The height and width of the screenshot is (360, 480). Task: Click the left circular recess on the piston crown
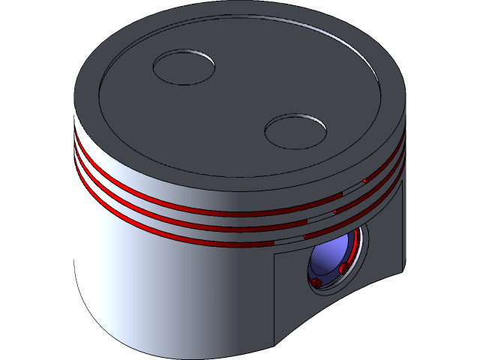pyautogui.click(x=184, y=67)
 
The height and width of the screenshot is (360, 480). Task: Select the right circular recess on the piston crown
pyautogui.click(x=295, y=130)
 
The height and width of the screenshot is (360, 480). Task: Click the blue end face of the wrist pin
pyautogui.click(x=328, y=259)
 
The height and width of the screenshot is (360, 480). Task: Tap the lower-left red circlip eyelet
pyautogui.click(x=316, y=282)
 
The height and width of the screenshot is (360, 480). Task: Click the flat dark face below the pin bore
pyautogui.click(x=300, y=307)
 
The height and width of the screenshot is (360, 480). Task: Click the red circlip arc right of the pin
pyautogui.click(x=352, y=251)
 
